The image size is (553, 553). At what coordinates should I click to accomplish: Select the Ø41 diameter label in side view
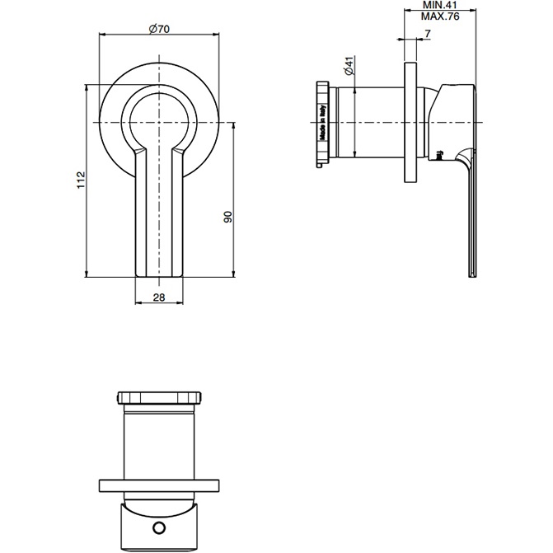[x=349, y=67]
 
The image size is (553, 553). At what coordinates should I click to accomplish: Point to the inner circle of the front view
[x=159, y=115]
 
